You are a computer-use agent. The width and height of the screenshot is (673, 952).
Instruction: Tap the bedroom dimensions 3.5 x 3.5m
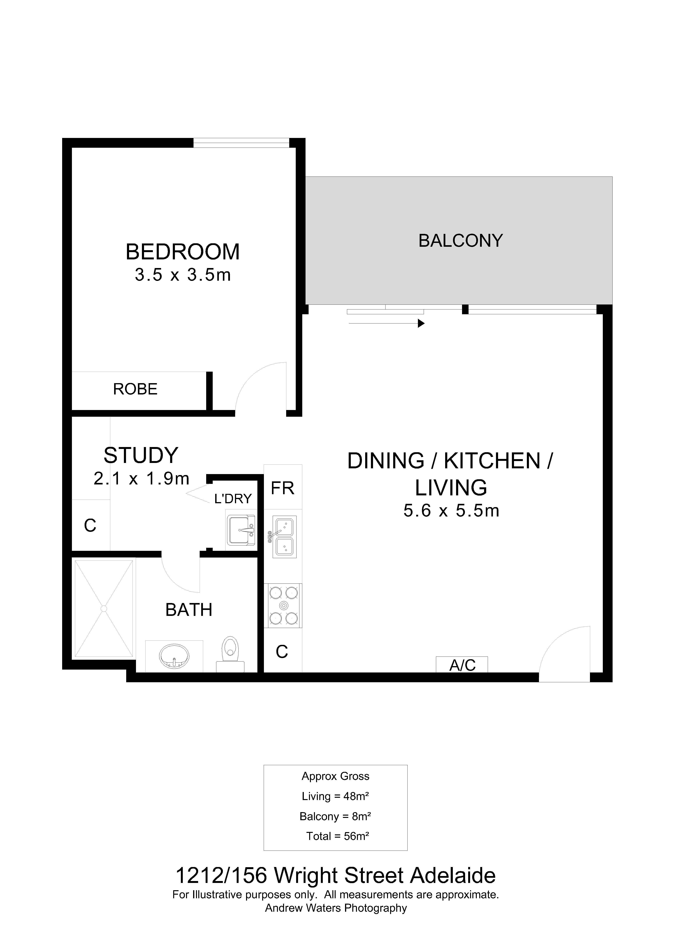[x=183, y=275]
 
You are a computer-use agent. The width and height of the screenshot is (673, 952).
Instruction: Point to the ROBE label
[x=136, y=389]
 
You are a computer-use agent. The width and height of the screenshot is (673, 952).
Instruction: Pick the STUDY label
[x=141, y=455]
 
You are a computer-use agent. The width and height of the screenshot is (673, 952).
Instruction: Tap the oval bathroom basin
[x=174, y=656]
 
